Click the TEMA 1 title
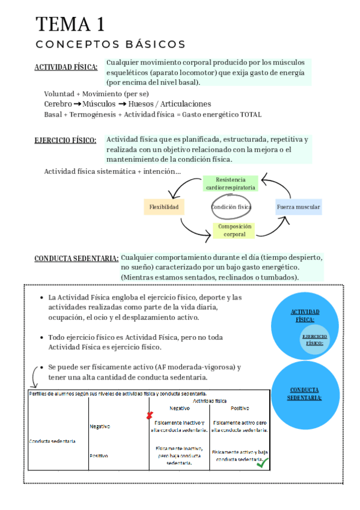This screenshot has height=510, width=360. click(x=70, y=25)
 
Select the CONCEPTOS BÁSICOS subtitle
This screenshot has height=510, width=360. click(x=111, y=45)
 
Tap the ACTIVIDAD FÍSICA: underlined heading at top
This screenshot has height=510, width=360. click(x=66, y=67)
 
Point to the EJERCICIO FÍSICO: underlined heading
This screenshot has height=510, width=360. click(x=66, y=141)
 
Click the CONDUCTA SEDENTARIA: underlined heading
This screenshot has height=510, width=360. click(x=76, y=259)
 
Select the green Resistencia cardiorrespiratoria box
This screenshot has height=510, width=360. click(x=230, y=183)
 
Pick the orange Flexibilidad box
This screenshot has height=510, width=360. click(x=164, y=207)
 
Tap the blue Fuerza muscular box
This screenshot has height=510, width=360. click(x=298, y=207)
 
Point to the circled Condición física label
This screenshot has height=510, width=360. click(x=231, y=207)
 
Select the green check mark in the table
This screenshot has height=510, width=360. click(x=262, y=463)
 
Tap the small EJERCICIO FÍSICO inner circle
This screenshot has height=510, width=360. click(x=314, y=340)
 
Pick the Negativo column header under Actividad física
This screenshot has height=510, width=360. click(x=179, y=408)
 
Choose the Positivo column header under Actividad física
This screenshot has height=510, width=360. click(x=239, y=408)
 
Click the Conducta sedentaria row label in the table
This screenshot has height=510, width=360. click(x=52, y=441)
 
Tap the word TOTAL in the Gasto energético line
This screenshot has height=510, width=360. click(x=251, y=114)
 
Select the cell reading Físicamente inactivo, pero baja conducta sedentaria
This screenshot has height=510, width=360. click(x=179, y=456)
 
